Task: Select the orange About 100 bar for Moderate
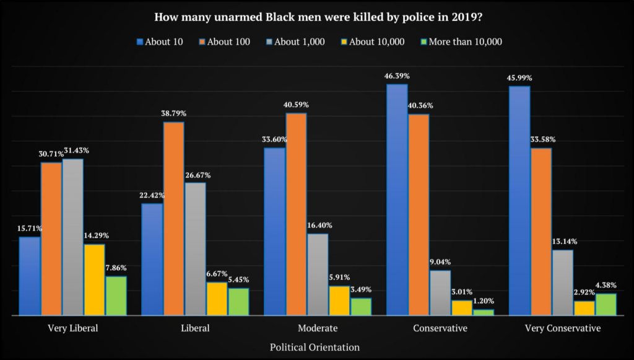pos(296,214)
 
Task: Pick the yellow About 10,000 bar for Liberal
pos(217,299)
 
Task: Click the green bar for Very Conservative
pos(606,304)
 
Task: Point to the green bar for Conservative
pos(484,312)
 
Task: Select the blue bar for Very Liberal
pos(30,276)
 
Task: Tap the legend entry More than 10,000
pos(461,42)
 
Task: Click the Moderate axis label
pos(317,328)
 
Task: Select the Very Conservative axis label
pos(562,328)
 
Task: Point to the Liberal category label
pos(194,328)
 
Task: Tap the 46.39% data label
pos(397,76)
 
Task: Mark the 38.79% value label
pos(173,113)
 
